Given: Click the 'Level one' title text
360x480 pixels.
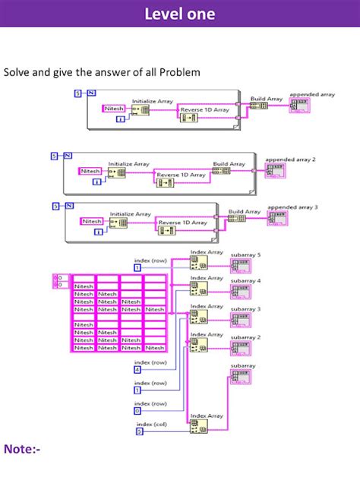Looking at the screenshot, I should (179, 14).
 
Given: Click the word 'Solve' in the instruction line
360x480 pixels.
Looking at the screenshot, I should (17, 72).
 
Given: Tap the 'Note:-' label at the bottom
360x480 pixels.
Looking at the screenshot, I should (22, 449).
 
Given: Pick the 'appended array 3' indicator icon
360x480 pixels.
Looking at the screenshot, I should (277, 218).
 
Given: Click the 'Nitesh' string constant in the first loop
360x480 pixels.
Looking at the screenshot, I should (115, 109).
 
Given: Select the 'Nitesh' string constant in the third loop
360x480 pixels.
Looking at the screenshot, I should (92, 221).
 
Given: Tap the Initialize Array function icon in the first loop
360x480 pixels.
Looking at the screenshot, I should (140, 110).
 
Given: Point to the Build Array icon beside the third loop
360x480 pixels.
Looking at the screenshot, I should (237, 218).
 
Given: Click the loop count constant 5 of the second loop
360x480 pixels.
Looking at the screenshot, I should (54, 156).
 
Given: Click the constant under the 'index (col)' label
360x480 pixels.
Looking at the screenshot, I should (139, 431).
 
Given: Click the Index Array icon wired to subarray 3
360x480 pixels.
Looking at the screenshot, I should (197, 315).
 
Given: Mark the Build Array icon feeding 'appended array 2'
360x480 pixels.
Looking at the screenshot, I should (222, 171).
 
